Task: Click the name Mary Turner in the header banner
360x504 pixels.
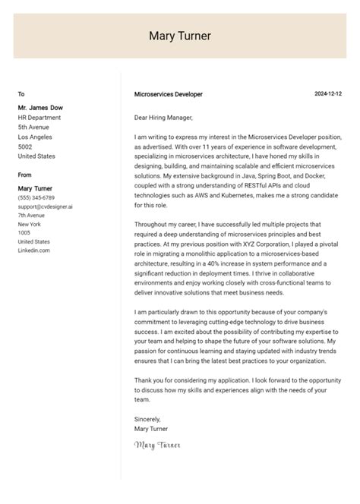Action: (x=180, y=36)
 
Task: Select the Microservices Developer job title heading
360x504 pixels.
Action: (x=168, y=94)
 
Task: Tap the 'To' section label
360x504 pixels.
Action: (x=21, y=94)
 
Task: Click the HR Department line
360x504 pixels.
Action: (x=39, y=118)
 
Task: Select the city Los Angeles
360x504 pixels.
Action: (x=35, y=137)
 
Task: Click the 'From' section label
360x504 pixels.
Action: (x=25, y=175)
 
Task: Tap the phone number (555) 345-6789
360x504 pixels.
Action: (x=36, y=197)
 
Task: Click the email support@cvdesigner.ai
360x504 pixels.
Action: (x=45, y=206)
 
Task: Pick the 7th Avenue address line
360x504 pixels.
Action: (x=31, y=215)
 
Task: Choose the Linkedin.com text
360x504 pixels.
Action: (x=34, y=250)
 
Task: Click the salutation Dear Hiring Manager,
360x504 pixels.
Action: (x=163, y=118)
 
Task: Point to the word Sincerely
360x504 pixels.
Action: (x=147, y=418)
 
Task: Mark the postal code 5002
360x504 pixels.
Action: (x=25, y=146)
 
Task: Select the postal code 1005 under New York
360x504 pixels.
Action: (x=24, y=232)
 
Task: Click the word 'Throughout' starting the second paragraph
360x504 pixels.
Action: (x=151, y=224)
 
